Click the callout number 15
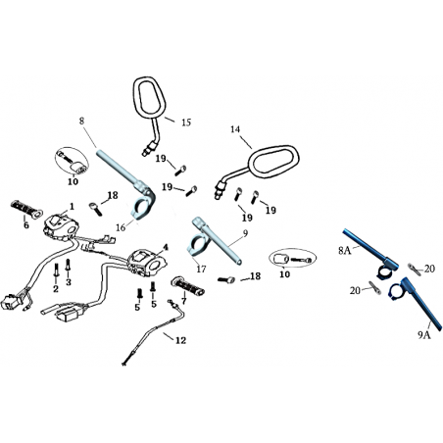coord(186,123)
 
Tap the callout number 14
coord(235,129)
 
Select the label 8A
coord(344,251)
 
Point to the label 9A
coord(424,335)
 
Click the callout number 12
coord(180,340)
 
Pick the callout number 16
coord(121,227)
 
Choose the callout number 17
coord(201,269)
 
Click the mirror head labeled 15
coord(149,98)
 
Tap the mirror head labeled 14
coord(273,163)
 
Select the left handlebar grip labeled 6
coord(26,210)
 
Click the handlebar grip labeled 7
coord(187,286)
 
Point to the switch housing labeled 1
coord(62,226)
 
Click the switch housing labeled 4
coord(147,262)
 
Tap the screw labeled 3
coord(68,266)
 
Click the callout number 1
coord(72,206)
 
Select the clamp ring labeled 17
coord(195,246)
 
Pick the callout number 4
coord(166,247)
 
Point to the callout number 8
coord(81,121)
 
